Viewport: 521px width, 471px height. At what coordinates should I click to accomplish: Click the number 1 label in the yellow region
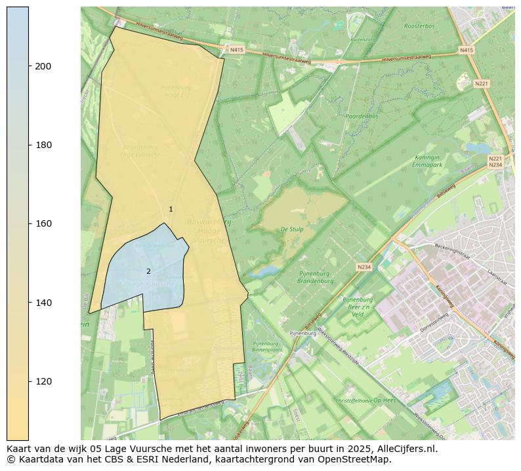(171, 209)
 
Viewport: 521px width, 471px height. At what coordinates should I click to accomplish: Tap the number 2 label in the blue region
(148, 271)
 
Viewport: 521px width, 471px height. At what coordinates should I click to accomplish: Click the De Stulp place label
(291, 229)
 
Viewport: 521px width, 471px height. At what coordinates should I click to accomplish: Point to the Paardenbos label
(362, 116)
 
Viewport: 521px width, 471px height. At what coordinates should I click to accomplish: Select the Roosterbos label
(419, 26)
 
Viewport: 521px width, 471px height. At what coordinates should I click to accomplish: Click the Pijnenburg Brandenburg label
(315, 277)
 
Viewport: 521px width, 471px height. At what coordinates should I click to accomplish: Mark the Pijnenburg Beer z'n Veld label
(358, 307)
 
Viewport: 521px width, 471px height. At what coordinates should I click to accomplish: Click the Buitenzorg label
(364, 40)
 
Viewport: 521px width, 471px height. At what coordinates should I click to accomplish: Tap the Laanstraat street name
(497, 277)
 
